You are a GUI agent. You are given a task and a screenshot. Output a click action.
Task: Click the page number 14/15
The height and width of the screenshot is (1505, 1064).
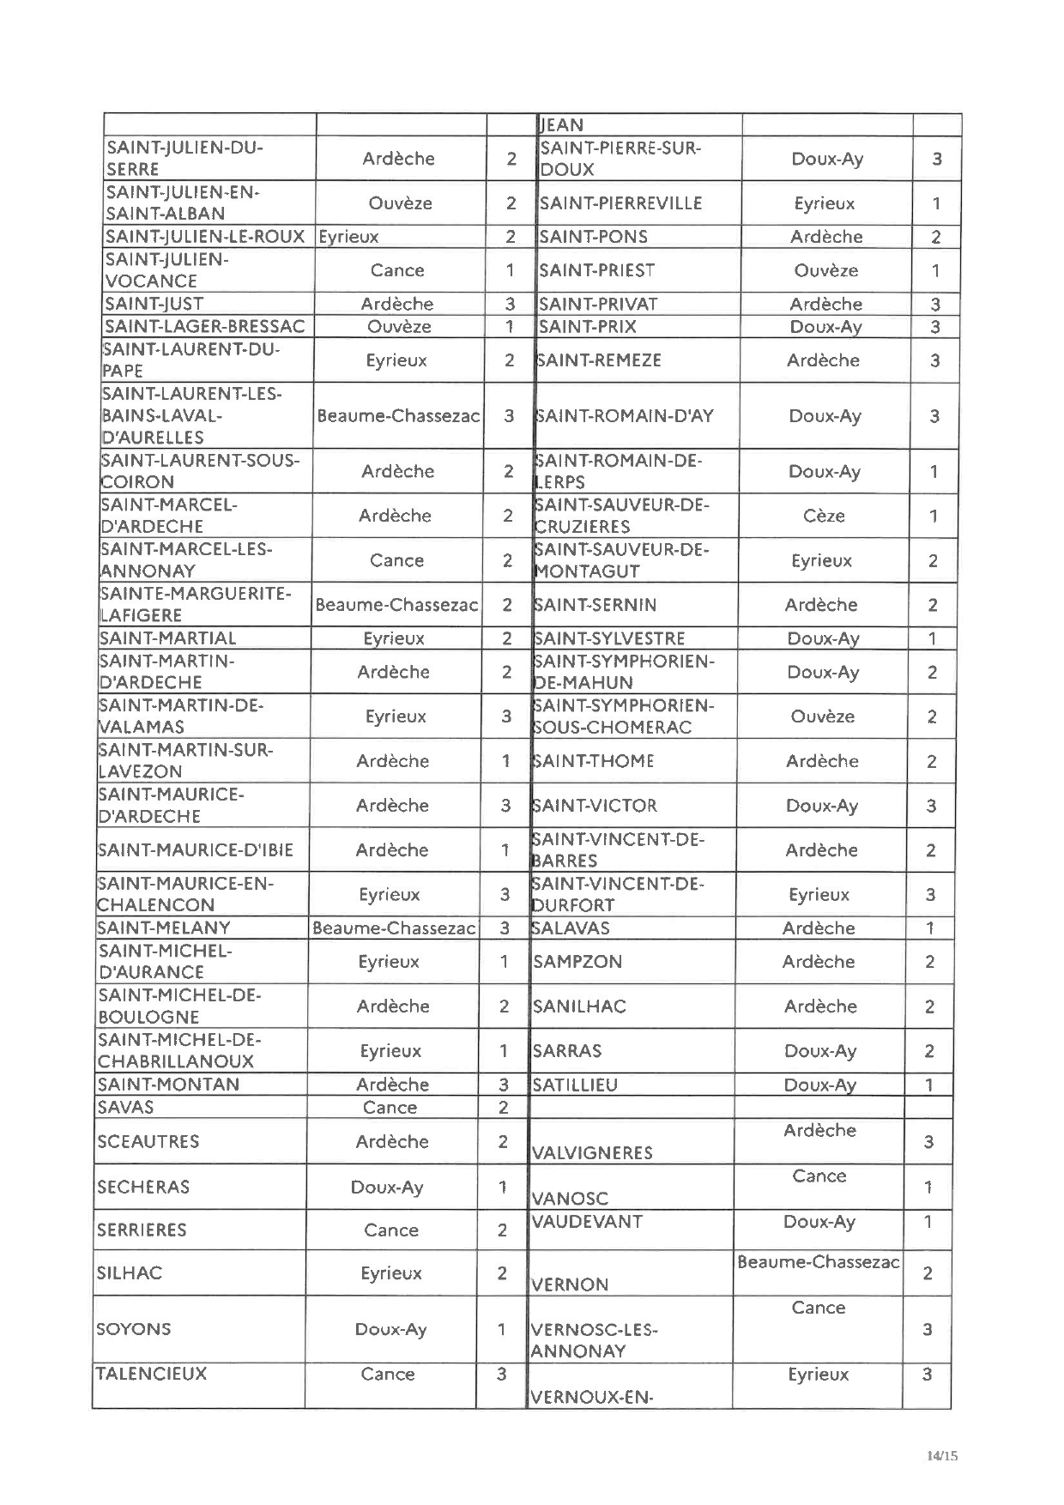tap(941, 1455)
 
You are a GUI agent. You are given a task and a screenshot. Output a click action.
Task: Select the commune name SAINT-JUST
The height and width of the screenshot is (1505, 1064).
tap(154, 304)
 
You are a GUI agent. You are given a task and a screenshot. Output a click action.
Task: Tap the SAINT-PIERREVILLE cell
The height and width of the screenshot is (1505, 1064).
tap(620, 203)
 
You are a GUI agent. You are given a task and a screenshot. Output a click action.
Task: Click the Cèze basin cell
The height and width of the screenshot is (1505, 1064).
tap(824, 516)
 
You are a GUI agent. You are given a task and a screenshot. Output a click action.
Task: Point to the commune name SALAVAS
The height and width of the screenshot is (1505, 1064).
tap(571, 928)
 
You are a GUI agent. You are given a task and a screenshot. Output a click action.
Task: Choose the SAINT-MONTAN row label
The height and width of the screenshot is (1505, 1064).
tap(169, 1084)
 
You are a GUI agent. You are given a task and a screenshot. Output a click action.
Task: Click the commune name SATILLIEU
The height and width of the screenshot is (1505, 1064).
tap(575, 1085)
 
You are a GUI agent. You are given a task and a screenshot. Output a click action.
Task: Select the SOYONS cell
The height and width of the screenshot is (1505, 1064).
tap(134, 1329)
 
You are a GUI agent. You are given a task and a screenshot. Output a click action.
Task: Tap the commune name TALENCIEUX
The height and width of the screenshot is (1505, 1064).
tap(151, 1374)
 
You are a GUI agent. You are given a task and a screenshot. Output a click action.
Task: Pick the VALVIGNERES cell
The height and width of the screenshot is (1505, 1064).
tap(592, 1152)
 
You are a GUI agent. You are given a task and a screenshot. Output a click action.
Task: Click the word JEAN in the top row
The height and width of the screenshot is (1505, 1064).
tap(561, 125)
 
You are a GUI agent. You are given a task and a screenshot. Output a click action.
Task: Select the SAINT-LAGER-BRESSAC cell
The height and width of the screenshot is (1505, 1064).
tap(204, 326)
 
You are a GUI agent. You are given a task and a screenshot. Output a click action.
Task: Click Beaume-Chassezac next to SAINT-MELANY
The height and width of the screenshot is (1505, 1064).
tap(394, 928)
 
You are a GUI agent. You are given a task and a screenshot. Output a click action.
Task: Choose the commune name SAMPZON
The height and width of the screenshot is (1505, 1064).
tap(577, 962)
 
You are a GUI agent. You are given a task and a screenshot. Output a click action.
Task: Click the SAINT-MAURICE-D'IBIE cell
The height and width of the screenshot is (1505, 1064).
tap(196, 850)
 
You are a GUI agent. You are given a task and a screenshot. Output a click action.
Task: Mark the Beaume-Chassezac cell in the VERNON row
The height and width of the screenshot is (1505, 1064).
tap(818, 1262)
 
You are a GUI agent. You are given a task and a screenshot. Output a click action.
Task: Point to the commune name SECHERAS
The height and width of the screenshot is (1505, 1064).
tap(143, 1188)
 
